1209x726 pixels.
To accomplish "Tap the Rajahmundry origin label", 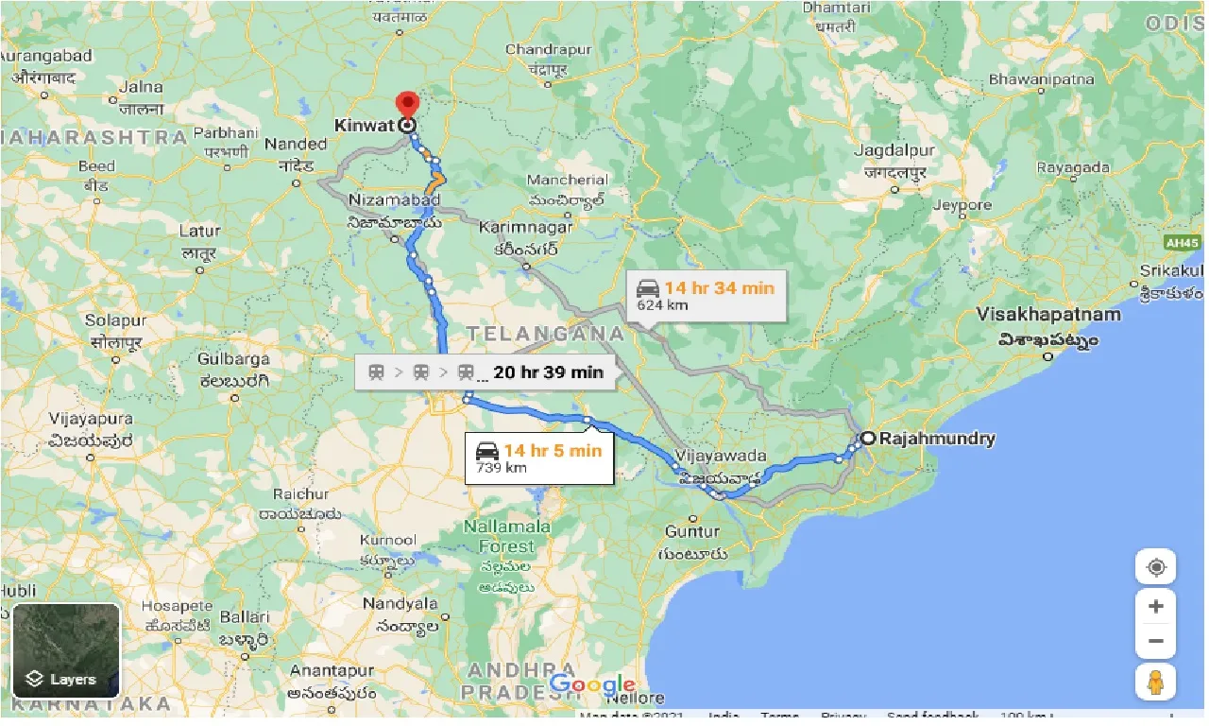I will (x=936, y=439).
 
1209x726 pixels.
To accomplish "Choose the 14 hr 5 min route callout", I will (x=538, y=458).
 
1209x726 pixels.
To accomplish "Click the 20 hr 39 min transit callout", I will (x=485, y=372).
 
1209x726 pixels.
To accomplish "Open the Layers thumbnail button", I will (x=66, y=650).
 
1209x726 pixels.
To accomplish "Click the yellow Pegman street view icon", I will (x=1156, y=681).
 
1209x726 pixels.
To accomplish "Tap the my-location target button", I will (x=1156, y=568).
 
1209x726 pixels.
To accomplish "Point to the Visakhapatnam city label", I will (x=1048, y=314).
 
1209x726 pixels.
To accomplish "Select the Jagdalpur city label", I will (x=894, y=151).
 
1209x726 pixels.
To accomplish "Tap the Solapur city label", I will (x=113, y=320).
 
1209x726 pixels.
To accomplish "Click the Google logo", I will (x=592, y=684).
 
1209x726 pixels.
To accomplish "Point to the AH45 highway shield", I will (x=1182, y=243).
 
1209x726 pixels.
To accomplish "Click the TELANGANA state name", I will (x=545, y=334).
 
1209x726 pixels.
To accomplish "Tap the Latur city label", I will (x=199, y=231).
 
